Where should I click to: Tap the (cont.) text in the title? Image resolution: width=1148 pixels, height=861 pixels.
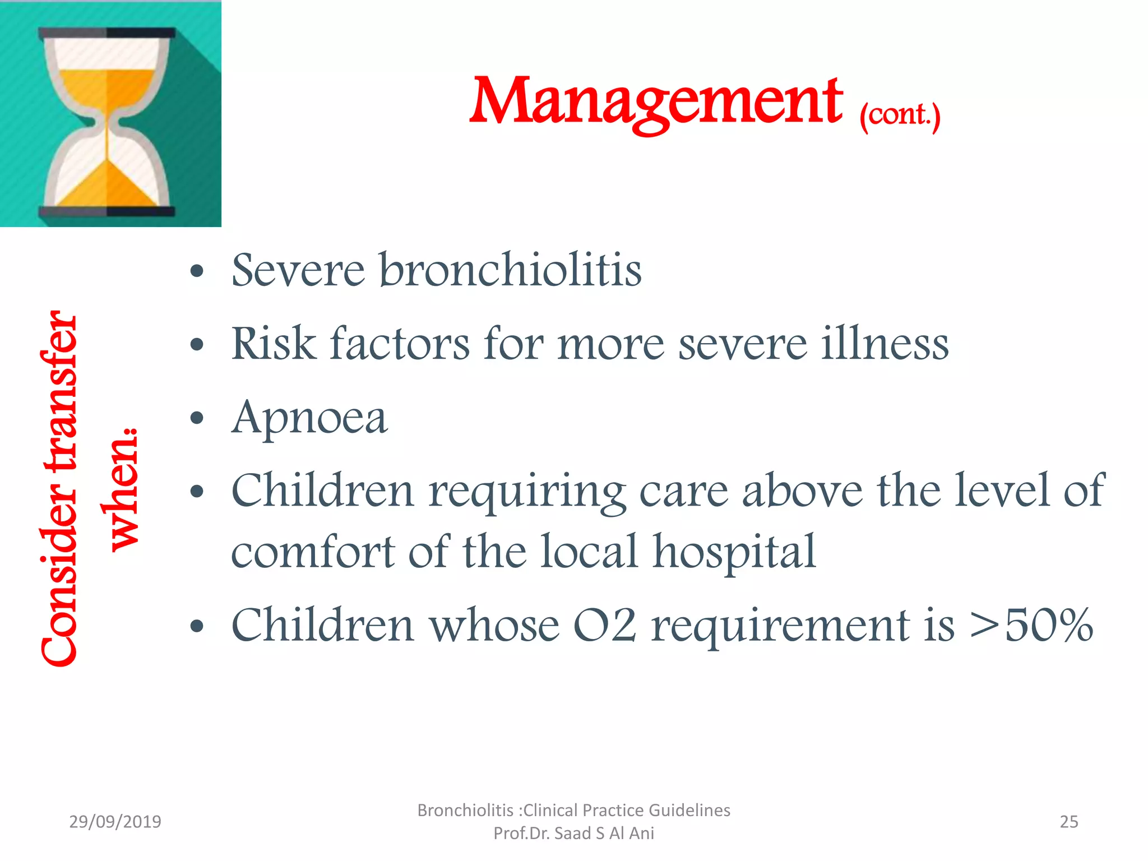point(900,115)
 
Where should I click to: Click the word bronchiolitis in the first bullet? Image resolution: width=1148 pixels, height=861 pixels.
point(510,270)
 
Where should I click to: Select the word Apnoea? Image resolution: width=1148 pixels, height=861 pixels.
point(309,418)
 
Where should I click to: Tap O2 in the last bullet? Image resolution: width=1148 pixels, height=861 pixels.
point(604,625)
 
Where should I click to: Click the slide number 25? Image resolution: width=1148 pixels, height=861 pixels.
point(1068,822)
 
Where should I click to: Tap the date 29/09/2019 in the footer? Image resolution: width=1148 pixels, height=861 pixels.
point(115,822)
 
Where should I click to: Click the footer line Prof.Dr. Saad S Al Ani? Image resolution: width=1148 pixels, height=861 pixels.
point(573,834)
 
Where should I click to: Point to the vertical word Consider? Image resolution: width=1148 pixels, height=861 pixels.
point(59,566)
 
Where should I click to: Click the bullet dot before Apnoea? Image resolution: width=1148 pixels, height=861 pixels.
point(197,418)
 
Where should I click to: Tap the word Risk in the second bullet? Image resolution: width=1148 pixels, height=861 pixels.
point(274,344)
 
